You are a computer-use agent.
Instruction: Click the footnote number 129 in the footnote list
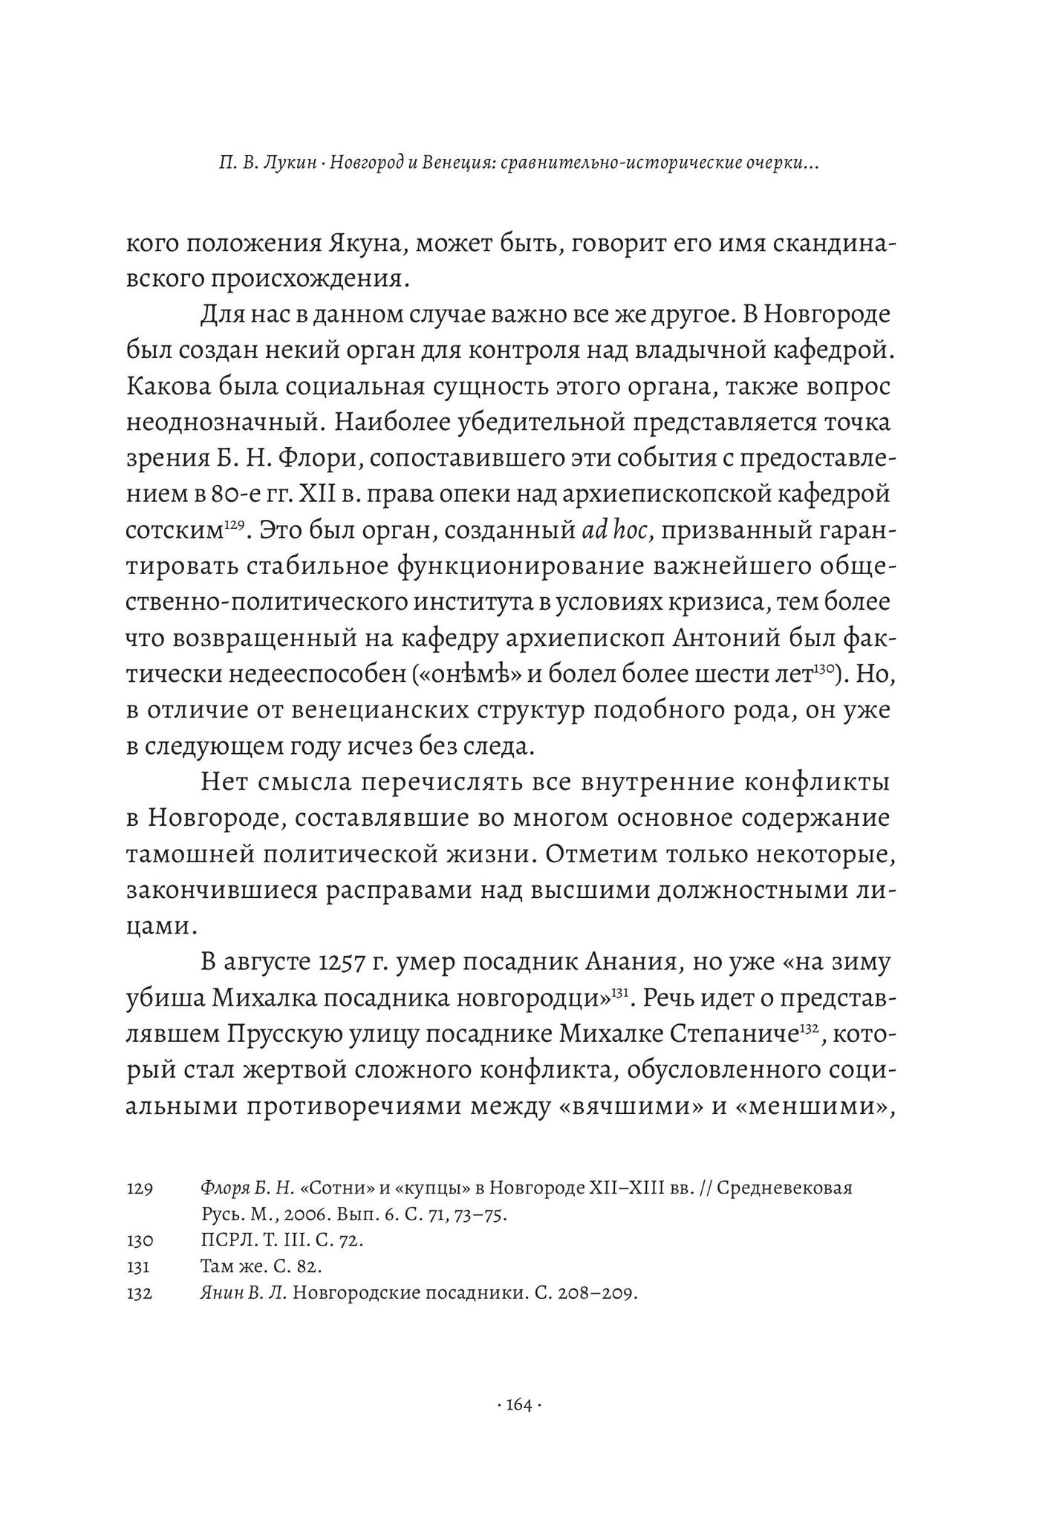140,1189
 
